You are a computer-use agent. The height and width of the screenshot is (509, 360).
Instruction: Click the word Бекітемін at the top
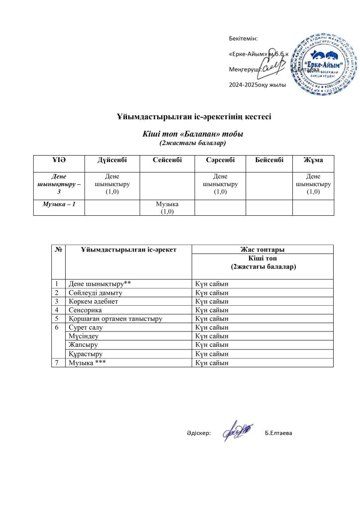tap(243, 38)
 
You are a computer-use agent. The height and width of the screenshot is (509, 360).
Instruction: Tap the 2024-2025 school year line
tap(257, 85)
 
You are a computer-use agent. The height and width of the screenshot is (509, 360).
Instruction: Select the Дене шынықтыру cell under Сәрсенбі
tap(220, 184)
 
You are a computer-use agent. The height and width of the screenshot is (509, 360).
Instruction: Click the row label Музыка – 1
tap(59, 204)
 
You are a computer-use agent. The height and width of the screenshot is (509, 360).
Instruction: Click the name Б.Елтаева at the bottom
tap(279, 433)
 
